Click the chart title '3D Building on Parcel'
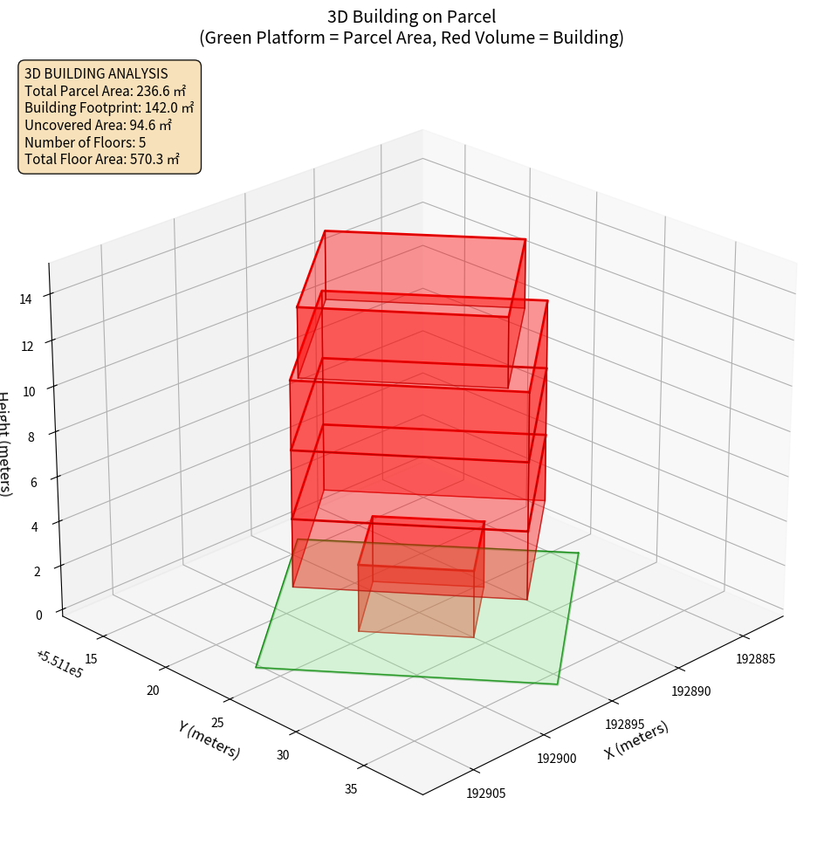pyautogui.click(x=411, y=16)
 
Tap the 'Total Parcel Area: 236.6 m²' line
pyautogui.click(x=105, y=91)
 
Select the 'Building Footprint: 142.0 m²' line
pyautogui.click(x=109, y=107)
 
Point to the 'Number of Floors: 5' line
pyautogui.click(x=85, y=142)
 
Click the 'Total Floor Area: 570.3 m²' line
pyautogui.click(x=102, y=159)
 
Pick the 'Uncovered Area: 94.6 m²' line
pyautogui.click(x=99, y=125)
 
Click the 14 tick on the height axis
pyautogui.click(x=25, y=299)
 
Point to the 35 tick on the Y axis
pyautogui.click(x=351, y=789)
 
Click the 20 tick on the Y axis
pyautogui.click(x=154, y=691)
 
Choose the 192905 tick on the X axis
pyautogui.click(x=486, y=794)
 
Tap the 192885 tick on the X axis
pyautogui.click(x=755, y=658)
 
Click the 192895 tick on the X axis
pyautogui.click(x=625, y=725)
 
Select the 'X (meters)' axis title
pyautogui.click(x=636, y=739)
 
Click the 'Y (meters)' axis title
pyautogui.click(x=209, y=739)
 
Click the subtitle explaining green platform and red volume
pyautogui.click(x=411, y=38)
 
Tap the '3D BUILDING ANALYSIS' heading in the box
pyautogui.click(x=96, y=73)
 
